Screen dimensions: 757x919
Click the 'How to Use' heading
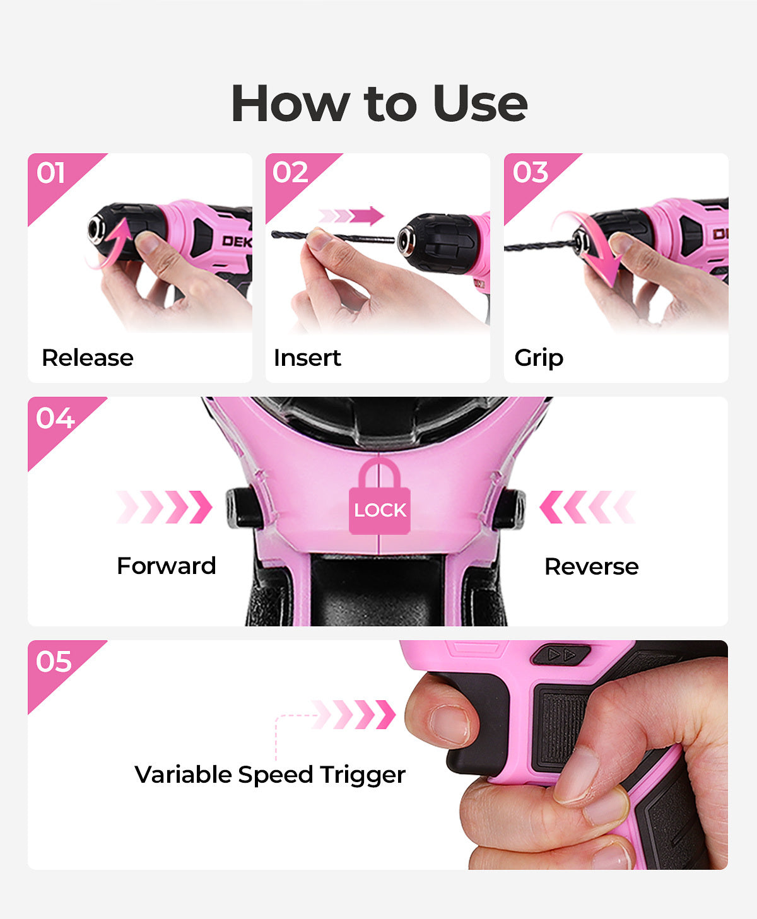379,104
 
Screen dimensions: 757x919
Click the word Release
88,358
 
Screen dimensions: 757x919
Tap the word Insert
307,358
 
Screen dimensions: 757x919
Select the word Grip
539,358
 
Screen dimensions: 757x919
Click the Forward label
167,566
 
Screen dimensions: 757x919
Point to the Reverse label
592,566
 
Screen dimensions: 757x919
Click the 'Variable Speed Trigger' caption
270,775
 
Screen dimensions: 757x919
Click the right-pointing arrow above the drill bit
351,216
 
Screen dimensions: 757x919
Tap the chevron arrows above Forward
165,507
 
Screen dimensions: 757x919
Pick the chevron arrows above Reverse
588,507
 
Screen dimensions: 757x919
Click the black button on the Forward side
244,508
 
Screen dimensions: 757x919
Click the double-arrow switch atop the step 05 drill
561,655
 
